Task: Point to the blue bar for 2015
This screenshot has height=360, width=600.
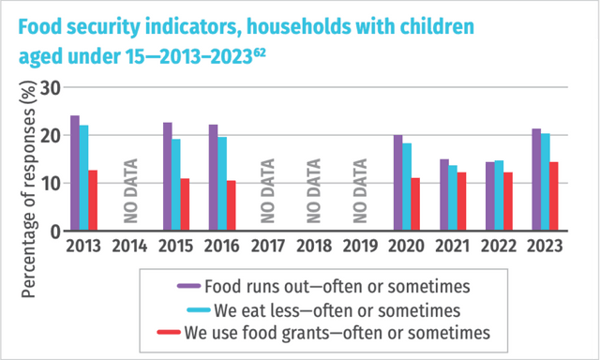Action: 176,185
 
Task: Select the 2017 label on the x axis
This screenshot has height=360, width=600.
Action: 268,247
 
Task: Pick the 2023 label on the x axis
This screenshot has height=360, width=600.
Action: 545,247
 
